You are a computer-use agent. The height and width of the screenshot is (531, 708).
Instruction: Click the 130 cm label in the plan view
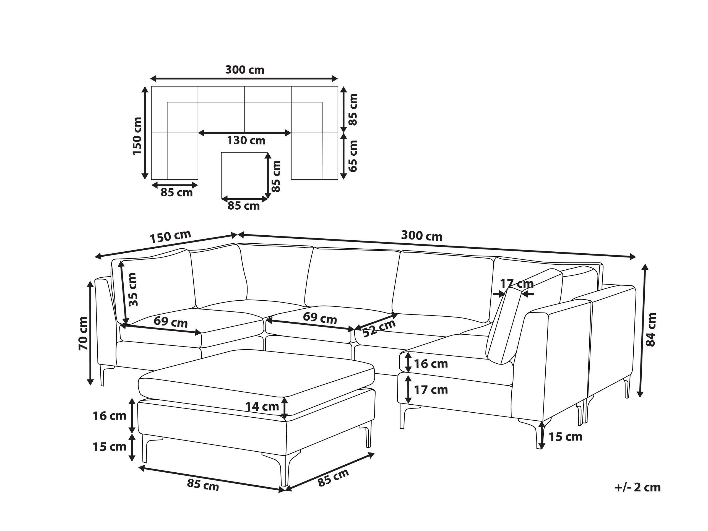pyautogui.click(x=246, y=140)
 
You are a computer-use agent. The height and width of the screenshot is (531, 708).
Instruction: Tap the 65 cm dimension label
pyautogui.click(x=352, y=156)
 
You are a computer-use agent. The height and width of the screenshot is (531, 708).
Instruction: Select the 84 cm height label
pyautogui.click(x=651, y=329)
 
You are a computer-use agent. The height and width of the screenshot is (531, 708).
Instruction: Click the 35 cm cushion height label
pyautogui.click(x=132, y=289)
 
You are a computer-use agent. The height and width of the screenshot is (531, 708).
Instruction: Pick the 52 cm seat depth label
pyautogui.click(x=379, y=328)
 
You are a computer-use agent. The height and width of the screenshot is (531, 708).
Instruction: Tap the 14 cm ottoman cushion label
pyautogui.click(x=262, y=407)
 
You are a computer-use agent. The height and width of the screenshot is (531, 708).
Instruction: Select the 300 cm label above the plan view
pyautogui.click(x=245, y=70)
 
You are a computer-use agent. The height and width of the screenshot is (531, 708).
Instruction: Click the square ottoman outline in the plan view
pyautogui.click(x=244, y=175)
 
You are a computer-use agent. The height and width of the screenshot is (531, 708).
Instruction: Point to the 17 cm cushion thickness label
pyautogui.click(x=517, y=283)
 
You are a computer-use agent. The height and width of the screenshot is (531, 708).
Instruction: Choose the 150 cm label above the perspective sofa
pyautogui.click(x=170, y=236)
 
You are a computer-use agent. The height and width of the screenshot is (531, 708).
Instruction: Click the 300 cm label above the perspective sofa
pyautogui.click(x=421, y=236)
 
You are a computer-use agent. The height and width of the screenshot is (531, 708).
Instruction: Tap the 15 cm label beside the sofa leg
pyautogui.click(x=566, y=437)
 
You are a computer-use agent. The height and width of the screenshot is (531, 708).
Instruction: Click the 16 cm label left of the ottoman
pyautogui.click(x=110, y=416)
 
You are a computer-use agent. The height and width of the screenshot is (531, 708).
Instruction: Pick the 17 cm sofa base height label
pyautogui.click(x=431, y=390)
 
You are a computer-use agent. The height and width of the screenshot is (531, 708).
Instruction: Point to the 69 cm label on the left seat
pyautogui.click(x=171, y=322)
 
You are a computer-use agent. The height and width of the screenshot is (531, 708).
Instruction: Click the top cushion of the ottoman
pyautogui.click(x=256, y=373)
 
